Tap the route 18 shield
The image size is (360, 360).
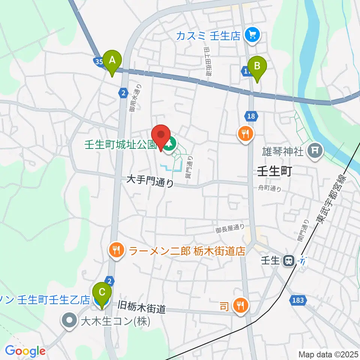[x=251, y=116]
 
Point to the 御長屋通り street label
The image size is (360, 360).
[x=230, y=227]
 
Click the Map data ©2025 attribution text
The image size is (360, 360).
[x=328, y=354]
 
